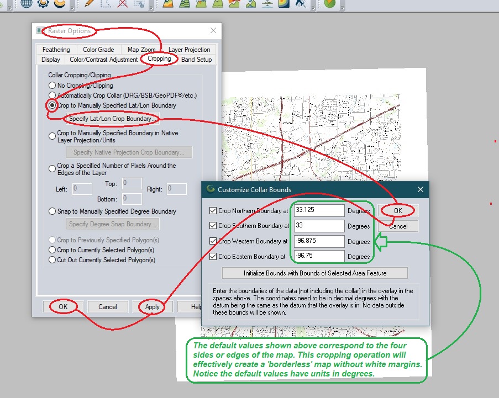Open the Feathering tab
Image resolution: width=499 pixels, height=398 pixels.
[56, 50]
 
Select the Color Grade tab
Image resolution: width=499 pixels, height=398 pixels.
[98, 50]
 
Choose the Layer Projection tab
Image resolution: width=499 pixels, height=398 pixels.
[189, 50]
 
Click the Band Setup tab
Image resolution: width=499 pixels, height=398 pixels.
[196, 60]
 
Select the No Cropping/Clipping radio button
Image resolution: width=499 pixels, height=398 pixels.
[52, 86]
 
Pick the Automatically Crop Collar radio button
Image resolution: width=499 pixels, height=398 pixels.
[52, 95]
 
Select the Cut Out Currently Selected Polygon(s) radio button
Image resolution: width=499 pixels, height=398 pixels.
[52, 260]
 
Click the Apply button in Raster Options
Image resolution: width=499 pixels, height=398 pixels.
[152, 307]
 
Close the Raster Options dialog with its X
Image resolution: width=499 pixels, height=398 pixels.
[213, 31]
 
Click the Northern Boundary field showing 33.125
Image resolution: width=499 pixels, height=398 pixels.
[319, 210]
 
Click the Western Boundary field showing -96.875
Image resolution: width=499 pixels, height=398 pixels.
[319, 241]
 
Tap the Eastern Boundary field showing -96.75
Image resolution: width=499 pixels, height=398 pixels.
[319, 256]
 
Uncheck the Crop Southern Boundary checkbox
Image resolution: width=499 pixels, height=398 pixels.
[213, 226]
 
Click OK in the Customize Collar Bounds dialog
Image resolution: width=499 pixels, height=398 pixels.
[398, 210]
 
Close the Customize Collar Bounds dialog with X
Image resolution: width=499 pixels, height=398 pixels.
[420, 189]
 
